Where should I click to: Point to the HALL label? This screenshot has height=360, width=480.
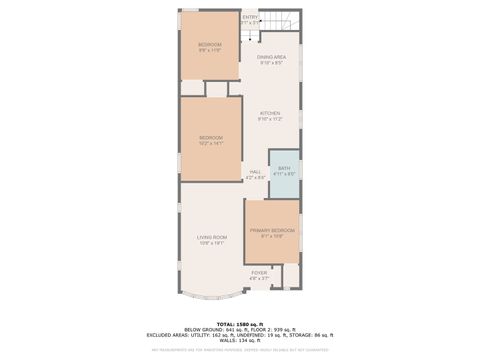point(255,174)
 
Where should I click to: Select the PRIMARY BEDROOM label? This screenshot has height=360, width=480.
point(273,234)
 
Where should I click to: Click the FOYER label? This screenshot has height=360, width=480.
point(259,274)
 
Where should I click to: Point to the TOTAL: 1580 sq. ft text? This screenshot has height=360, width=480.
point(240,323)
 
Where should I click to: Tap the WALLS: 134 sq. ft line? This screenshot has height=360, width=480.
point(240,341)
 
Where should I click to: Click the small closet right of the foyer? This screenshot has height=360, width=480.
point(290,275)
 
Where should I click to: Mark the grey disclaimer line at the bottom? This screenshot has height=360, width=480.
point(240,350)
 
